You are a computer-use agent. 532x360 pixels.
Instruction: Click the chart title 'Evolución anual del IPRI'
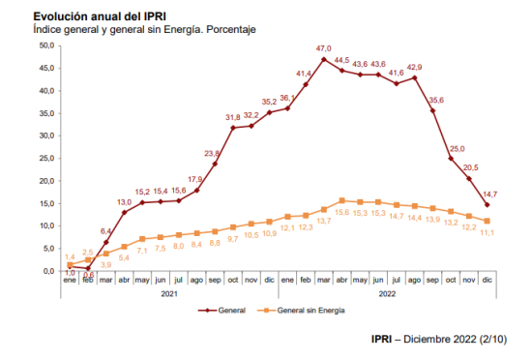click(x=100, y=16)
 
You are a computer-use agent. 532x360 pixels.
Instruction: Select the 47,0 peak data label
click(x=323, y=48)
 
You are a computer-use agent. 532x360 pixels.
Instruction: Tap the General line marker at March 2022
click(x=324, y=59)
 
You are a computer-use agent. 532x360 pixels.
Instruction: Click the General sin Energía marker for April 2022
click(x=342, y=201)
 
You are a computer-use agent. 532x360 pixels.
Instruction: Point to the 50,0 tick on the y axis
click(x=46, y=45)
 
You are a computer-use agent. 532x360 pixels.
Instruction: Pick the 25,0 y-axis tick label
click(x=46, y=158)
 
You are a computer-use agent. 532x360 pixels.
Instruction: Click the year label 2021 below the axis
click(x=169, y=294)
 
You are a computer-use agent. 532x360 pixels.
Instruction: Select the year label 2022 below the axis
click(x=387, y=294)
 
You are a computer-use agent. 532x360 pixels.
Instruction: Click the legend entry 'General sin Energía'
click(x=301, y=310)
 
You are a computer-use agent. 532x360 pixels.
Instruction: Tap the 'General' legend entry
click(x=222, y=310)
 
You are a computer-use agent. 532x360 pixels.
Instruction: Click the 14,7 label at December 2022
click(x=490, y=195)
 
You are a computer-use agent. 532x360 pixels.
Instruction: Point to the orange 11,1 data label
click(x=487, y=232)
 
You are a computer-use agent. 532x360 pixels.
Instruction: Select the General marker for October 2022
click(x=451, y=159)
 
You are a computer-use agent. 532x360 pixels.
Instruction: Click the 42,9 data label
click(x=414, y=67)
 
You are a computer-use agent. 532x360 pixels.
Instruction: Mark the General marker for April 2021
click(x=124, y=212)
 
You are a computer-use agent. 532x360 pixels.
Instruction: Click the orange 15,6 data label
click(x=342, y=212)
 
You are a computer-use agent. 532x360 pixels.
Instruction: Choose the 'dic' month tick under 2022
click(x=487, y=280)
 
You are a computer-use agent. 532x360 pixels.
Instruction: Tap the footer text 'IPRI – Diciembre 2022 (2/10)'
click(x=439, y=339)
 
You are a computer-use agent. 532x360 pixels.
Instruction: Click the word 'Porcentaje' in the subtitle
click(x=231, y=30)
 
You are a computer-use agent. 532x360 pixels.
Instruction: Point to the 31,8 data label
click(x=233, y=117)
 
